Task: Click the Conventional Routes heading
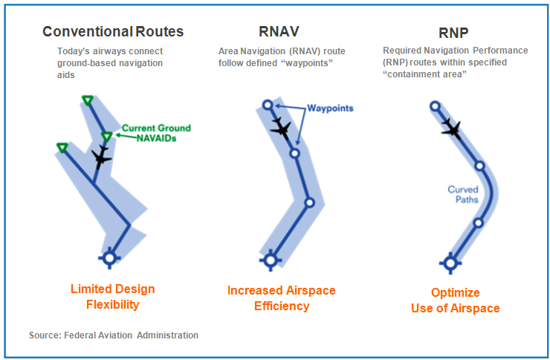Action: click(113, 31)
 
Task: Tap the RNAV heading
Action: click(279, 31)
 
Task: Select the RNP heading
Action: click(453, 33)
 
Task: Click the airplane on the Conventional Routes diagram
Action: click(101, 157)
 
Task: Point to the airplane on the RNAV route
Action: click(280, 129)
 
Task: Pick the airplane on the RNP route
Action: click(451, 129)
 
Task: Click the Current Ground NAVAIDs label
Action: click(156, 133)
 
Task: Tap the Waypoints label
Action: click(330, 108)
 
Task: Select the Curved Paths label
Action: click(463, 194)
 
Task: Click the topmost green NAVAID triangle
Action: click(88, 100)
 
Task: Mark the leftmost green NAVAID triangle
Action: click(62, 148)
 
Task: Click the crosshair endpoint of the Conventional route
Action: click(109, 258)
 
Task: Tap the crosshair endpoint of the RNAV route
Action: click(271, 260)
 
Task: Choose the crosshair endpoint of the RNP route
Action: click(450, 263)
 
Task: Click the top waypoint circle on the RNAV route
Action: click(268, 105)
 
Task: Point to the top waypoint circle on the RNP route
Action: click(435, 106)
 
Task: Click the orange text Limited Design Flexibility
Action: click(112, 297)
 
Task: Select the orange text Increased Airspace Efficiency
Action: click(281, 298)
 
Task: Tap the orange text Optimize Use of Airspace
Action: click(456, 300)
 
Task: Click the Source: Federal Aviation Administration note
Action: click(114, 335)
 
